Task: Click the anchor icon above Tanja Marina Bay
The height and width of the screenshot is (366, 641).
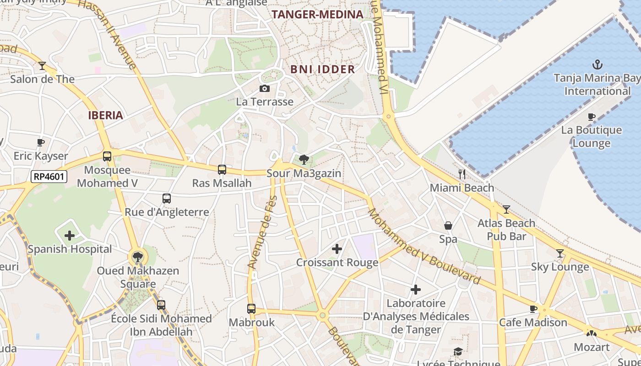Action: click(x=597, y=64)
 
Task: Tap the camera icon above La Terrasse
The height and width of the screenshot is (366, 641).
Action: click(x=264, y=88)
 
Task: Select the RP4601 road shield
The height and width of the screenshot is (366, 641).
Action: click(x=49, y=177)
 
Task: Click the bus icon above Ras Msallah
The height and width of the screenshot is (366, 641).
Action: click(x=222, y=170)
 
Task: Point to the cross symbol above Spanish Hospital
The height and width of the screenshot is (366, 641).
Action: click(x=70, y=236)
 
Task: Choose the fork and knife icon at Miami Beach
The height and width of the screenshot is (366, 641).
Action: click(x=462, y=174)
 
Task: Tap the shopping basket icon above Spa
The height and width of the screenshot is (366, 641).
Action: click(x=448, y=226)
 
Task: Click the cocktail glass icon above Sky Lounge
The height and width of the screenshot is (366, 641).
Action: click(x=560, y=253)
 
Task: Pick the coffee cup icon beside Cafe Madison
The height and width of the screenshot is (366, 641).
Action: click(x=533, y=309)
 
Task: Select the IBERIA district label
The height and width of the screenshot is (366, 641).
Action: click(x=106, y=115)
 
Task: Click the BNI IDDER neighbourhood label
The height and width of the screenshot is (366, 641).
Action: click(x=323, y=70)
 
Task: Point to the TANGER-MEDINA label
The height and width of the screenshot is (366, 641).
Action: click(x=317, y=15)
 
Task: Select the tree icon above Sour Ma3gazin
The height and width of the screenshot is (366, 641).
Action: click(x=303, y=160)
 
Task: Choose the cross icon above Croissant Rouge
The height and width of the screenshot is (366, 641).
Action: click(x=337, y=249)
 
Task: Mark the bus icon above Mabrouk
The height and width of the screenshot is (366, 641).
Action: click(x=251, y=309)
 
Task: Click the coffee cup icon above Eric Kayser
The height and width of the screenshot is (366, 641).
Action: click(x=41, y=142)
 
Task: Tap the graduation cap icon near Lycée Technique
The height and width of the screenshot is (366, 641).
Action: click(x=458, y=351)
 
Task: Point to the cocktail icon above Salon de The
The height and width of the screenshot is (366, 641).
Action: click(x=42, y=66)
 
